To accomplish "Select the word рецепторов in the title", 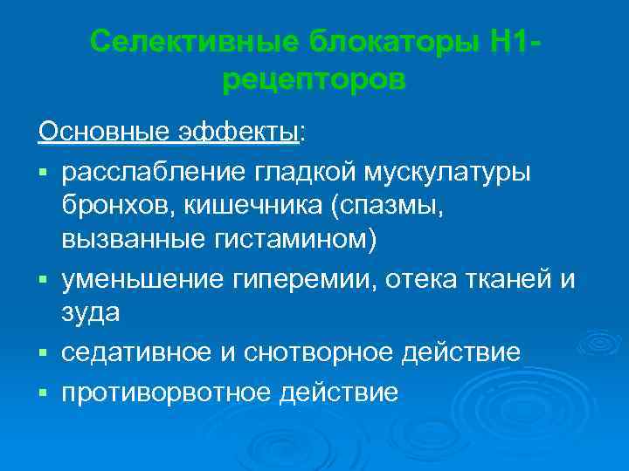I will tap(314, 80).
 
